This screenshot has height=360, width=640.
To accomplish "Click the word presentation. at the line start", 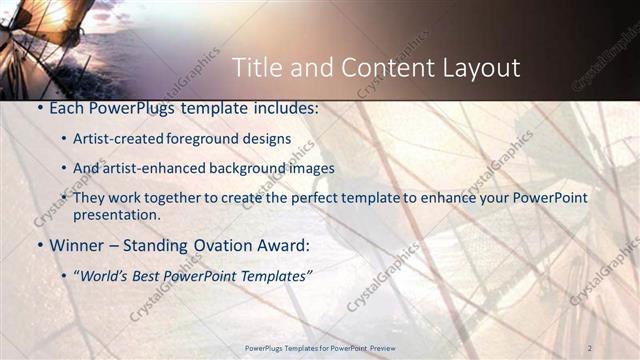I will tap(117, 214).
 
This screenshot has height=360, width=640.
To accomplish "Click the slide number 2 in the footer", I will tap(591, 347).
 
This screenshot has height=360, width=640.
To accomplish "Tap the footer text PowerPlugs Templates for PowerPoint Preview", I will tap(320, 347).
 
